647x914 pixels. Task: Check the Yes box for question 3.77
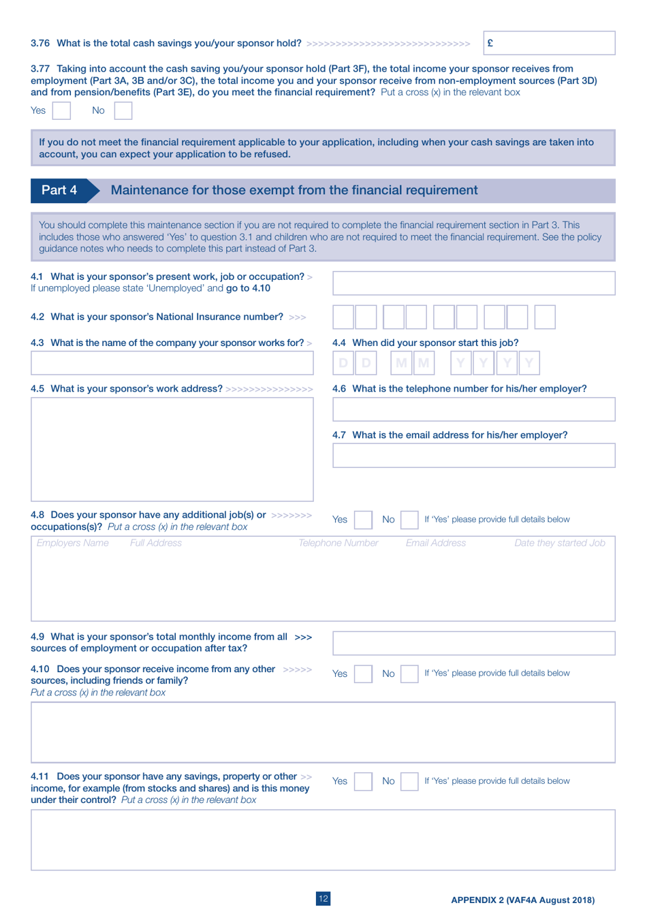(61, 110)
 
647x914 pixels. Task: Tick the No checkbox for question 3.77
(123, 110)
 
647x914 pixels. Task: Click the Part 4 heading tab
(59, 191)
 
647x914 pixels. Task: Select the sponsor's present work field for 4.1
(473, 283)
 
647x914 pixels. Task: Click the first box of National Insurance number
(343, 317)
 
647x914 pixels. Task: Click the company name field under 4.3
(172, 363)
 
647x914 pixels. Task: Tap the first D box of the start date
(343, 363)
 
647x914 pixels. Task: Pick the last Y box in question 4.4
(529, 363)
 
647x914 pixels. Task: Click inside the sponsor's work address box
(172, 450)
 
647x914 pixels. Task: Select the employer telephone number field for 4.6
(473, 409)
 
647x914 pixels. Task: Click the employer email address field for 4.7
(473, 456)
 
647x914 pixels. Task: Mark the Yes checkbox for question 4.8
(364, 520)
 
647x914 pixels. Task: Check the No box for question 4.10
(409, 674)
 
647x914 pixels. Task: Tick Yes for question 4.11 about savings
(364, 781)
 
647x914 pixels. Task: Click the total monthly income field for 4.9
(473, 643)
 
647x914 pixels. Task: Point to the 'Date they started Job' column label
(559, 543)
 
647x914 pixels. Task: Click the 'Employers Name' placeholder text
(73, 543)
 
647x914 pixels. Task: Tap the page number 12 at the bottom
(323, 899)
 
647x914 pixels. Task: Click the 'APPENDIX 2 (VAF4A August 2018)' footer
(522, 900)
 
